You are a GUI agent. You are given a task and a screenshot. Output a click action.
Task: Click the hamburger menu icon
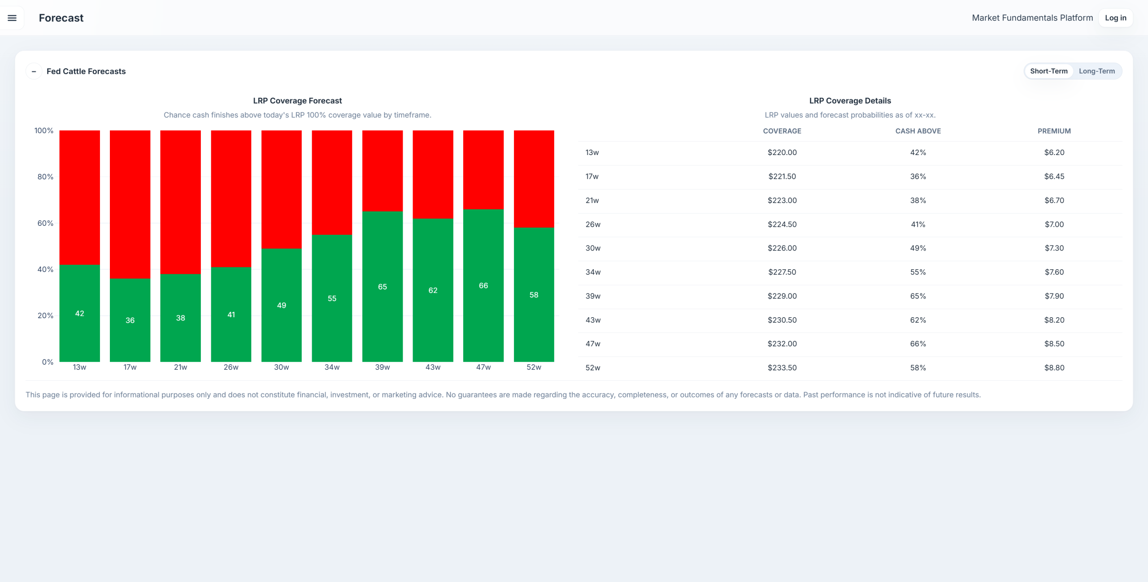(12, 18)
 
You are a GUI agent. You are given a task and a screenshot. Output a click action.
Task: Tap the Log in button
(1115, 18)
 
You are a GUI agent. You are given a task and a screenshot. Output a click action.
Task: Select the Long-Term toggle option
(1096, 71)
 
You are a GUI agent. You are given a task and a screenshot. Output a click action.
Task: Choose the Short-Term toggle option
(1048, 71)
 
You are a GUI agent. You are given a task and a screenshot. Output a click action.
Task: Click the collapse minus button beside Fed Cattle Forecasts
(34, 71)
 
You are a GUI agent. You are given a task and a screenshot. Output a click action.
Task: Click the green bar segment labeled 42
(79, 313)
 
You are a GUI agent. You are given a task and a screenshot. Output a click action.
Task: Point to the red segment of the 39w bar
(383, 171)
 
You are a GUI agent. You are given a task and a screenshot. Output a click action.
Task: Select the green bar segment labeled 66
(483, 285)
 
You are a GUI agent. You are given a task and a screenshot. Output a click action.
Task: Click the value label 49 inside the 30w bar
(282, 305)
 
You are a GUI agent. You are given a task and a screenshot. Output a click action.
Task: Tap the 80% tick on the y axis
(45, 177)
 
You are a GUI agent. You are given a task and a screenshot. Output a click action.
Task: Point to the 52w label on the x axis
(534, 367)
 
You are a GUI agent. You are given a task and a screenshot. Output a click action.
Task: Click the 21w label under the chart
(180, 367)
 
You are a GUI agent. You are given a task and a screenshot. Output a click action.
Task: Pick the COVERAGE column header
(782, 131)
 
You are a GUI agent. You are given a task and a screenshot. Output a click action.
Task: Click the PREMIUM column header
(1054, 131)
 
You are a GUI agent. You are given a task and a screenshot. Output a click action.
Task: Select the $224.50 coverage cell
(782, 224)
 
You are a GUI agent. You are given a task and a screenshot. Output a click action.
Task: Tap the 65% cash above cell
(918, 296)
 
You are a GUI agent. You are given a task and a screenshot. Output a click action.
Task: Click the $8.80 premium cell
(1054, 367)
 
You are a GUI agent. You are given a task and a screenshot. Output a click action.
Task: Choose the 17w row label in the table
(592, 176)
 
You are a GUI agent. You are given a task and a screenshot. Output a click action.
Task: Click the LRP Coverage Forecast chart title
(297, 101)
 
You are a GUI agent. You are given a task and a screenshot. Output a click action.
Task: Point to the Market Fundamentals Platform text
(1032, 18)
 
